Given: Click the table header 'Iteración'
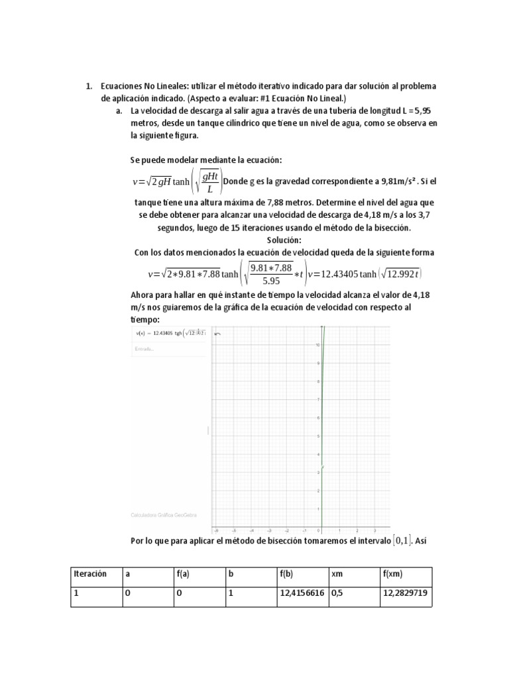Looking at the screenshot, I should click(x=89, y=574).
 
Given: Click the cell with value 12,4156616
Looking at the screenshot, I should click(x=302, y=594).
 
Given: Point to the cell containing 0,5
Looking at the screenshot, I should click(x=338, y=594).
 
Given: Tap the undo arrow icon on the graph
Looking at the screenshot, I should click(x=217, y=334).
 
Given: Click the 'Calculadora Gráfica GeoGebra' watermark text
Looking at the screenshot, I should click(x=164, y=514).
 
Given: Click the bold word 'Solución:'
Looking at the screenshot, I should click(x=284, y=240).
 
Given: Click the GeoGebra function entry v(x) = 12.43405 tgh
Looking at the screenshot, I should click(x=170, y=333).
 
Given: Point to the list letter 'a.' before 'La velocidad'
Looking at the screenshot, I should click(x=119, y=111).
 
